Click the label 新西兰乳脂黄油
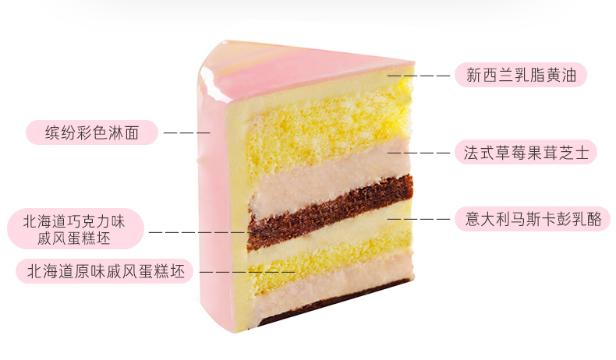(520, 76)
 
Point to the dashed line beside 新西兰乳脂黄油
(420, 76)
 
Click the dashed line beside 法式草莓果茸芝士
(420, 153)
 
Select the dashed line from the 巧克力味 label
(207, 231)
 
